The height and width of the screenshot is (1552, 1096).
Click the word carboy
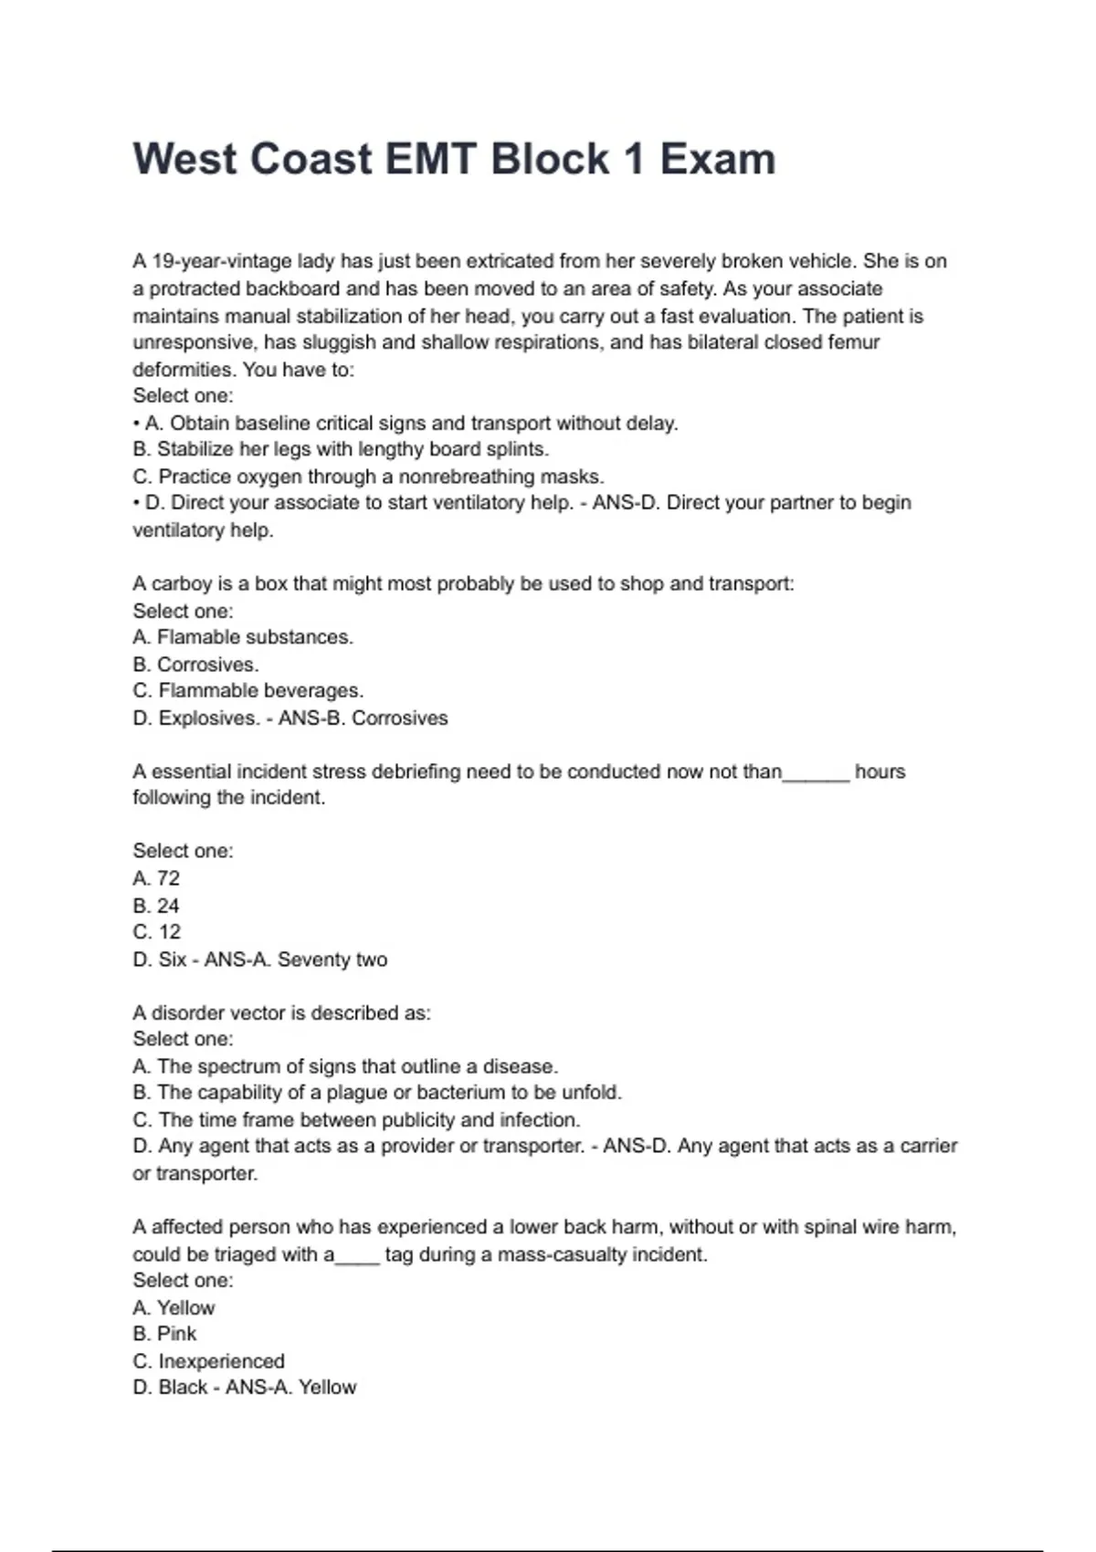pyautogui.click(x=182, y=584)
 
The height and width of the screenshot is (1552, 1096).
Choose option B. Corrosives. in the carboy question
pyautogui.click(x=195, y=665)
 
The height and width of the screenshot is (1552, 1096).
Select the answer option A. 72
pyautogui.click(x=156, y=878)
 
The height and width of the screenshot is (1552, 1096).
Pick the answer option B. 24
pyautogui.click(x=156, y=906)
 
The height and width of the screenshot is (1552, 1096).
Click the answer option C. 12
pyautogui.click(x=157, y=932)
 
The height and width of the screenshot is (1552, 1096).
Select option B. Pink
pyautogui.click(x=164, y=1334)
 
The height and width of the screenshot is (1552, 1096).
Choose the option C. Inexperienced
pyautogui.click(x=208, y=1361)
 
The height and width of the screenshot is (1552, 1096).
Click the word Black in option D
pyautogui.click(x=183, y=1388)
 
